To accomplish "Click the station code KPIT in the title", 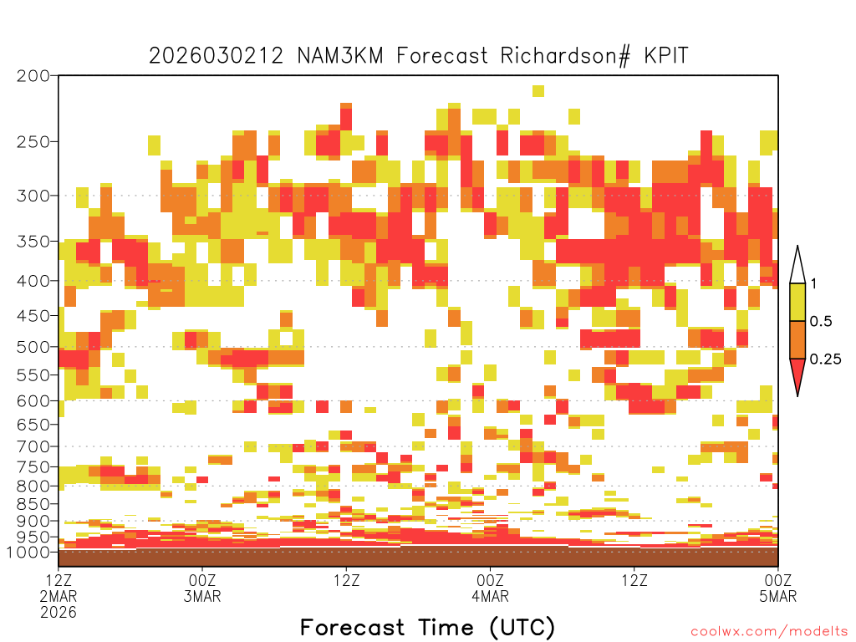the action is [666, 56].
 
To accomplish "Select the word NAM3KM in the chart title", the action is [340, 56].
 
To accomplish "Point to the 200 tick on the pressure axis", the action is [33, 76].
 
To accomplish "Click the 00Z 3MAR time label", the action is [202, 588].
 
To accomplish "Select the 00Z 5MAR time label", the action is [778, 588].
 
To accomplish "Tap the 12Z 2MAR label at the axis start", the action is [59, 588].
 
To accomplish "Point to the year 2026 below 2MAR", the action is [59, 613].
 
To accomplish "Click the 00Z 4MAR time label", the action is [490, 588].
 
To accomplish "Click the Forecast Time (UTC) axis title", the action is [427, 627].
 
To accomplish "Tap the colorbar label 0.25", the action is [825, 359].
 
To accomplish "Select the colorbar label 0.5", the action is [821, 322].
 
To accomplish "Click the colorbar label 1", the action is [813, 284].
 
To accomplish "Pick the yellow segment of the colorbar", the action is [797, 302].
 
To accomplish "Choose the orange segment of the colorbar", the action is [797, 339].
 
